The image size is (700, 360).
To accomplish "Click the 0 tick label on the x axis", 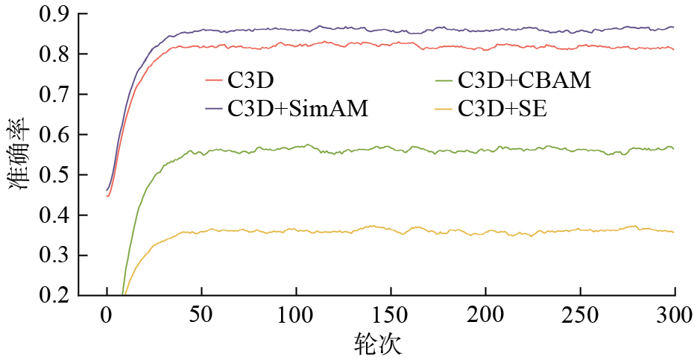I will click(107, 317).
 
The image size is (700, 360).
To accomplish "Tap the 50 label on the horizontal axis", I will click(201, 317).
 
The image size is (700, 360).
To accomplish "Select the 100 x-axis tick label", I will click(296, 317).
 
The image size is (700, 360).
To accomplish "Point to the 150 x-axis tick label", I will click(391, 317).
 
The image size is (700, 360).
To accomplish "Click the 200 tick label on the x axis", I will click(485, 317).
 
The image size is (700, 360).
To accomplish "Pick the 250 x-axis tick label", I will click(580, 317).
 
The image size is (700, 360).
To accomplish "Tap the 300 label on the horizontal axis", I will click(674, 317).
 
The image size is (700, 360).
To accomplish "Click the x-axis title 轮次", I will click(379, 344).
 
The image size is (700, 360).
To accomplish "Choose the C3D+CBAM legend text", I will click(524, 80).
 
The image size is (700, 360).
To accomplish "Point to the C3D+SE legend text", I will click(502, 108).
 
